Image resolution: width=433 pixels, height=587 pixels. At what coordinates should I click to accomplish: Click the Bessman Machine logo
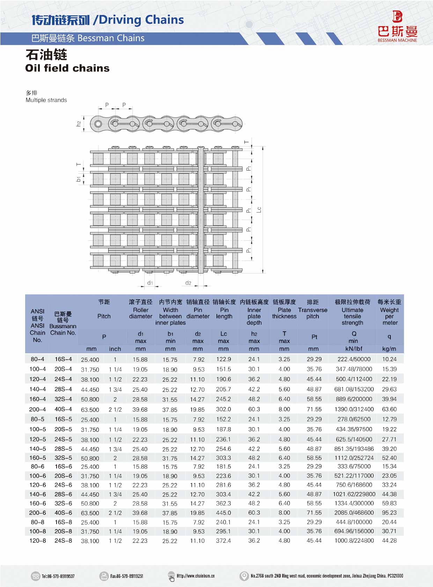click(397, 27)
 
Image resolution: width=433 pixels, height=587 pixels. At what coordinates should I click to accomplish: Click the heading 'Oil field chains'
click(67, 68)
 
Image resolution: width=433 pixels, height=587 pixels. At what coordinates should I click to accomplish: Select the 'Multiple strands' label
click(46, 100)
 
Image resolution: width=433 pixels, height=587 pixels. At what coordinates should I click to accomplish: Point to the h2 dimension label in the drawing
click(79, 123)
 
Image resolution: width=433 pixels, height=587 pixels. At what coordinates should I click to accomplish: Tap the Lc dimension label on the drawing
click(259, 210)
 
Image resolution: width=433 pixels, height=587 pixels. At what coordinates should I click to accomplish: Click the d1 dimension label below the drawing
click(150, 283)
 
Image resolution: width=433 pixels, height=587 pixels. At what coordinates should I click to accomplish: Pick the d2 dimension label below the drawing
click(188, 283)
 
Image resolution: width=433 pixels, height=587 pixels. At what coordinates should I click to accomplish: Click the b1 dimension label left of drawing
click(79, 179)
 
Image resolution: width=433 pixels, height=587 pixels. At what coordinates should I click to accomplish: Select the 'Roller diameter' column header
click(140, 313)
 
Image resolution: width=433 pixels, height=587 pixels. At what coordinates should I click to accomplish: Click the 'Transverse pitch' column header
click(313, 313)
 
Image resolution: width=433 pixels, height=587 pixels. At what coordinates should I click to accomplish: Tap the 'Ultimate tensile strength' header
click(352, 316)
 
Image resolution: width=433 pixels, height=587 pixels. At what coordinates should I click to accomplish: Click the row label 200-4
click(37, 409)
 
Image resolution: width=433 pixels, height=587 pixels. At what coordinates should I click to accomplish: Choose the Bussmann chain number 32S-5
click(63, 458)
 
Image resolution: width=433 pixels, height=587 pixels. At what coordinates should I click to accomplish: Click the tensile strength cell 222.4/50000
click(354, 359)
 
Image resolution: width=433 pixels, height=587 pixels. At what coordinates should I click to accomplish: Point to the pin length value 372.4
click(223, 541)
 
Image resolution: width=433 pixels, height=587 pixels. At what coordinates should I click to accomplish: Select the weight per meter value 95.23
click(389, 513)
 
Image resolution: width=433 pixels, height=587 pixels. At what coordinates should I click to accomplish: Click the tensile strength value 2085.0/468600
click(354, 513)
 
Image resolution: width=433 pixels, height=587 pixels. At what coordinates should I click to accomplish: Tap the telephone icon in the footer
click(35, 576)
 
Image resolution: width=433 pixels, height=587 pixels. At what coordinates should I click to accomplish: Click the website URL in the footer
click(196, 576)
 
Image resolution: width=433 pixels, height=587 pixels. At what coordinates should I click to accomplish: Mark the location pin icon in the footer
click(244, 576)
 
